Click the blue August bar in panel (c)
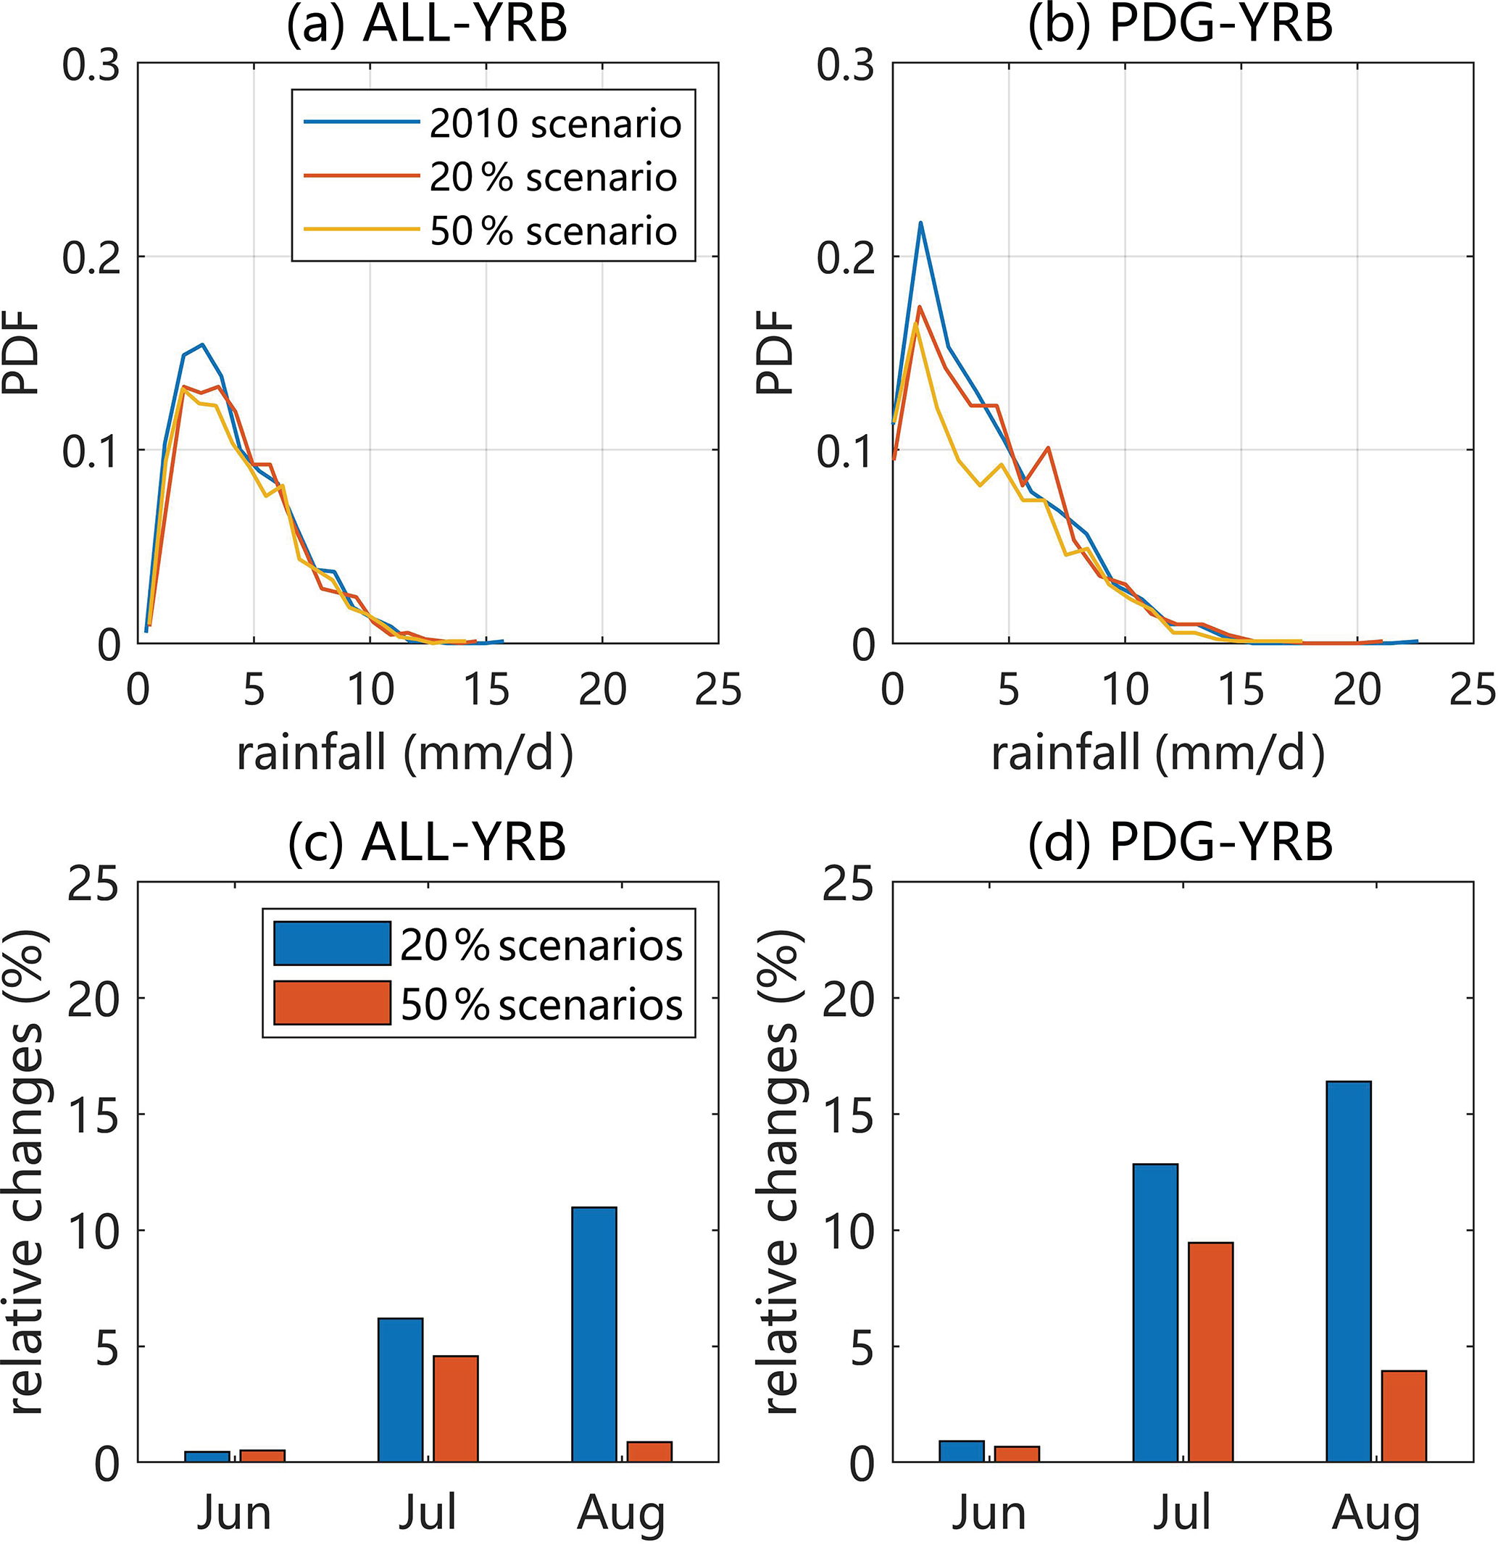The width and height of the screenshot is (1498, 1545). (x=594, y=1336)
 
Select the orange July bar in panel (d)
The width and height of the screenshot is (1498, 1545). (x=1211, y=1353)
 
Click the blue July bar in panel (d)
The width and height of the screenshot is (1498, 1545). (x=1155, y=1313)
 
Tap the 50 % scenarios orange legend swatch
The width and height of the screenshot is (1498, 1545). (x=332, y=1004)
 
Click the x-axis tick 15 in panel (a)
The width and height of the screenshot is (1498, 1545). (x=486, y=691)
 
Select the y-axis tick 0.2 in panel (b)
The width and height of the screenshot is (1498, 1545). (x=845, y=258)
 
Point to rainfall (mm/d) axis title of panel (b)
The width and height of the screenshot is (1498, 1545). (x=1158, y=754)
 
